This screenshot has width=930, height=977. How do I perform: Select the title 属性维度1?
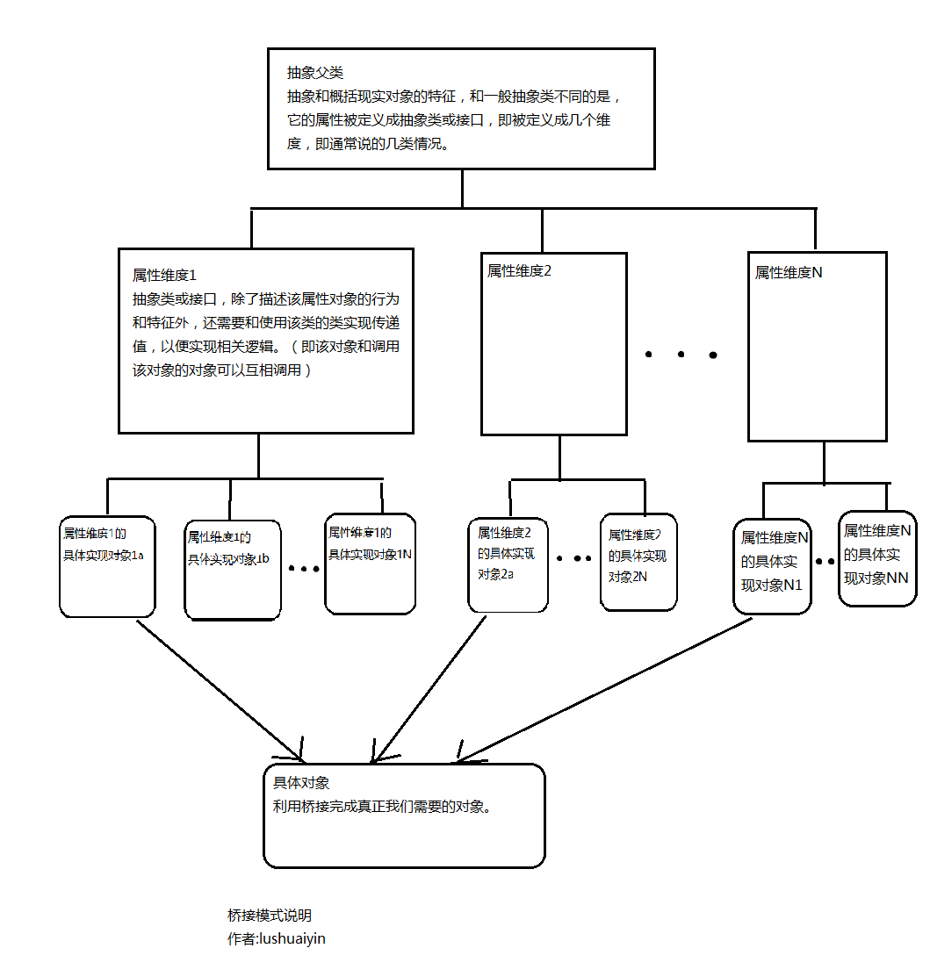pos(164,275)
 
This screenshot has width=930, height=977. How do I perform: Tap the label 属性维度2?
pos(519,270)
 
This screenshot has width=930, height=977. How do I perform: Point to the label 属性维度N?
pos(789,273)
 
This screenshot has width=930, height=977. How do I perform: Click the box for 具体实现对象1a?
pos(107,565)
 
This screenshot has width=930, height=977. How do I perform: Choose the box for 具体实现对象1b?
pos(233,571)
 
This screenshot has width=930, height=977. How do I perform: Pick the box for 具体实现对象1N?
pos(370,563)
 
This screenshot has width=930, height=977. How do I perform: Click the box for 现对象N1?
pos(772,566)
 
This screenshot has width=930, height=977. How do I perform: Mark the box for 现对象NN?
pos(876,558)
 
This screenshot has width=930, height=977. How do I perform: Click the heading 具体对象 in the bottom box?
pos(301,782)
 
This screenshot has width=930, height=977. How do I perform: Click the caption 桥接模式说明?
pos(269,916)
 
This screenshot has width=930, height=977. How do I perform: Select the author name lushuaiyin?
pos(290,938)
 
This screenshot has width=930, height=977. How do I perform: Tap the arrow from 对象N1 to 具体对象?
pos(606,689)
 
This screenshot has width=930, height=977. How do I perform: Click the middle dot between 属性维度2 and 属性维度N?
pos(681,354)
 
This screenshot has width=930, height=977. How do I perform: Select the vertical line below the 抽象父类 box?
pos(463,188)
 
